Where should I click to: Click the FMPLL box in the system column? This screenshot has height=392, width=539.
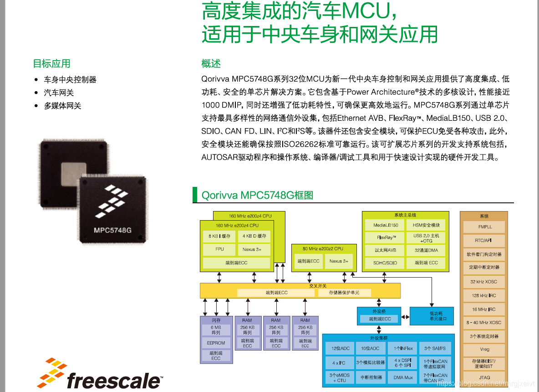pyautogui.click(x=484, y=227)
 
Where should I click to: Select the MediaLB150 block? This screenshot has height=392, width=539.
pyautogui.click(x=386, y=225)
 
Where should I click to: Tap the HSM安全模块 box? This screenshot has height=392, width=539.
pyautogui.click(x=427, y=225)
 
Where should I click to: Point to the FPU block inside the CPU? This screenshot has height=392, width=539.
pyautogui.click(x=219, y=249)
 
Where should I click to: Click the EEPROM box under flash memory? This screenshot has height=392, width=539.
pyautogui.click(x=216, y=343)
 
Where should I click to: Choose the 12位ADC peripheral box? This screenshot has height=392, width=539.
pyautogui.click(x=341, y=348)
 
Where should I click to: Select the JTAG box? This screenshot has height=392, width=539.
pyautogui.click(x=484, y=377)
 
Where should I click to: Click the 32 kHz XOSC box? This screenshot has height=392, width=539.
pyautogui.click(x=484, y=282)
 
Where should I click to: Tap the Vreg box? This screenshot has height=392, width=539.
pyautogui.click(x=484, y=350)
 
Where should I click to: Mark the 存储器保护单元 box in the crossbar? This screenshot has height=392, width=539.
pyautogui.click(x=345, y=293)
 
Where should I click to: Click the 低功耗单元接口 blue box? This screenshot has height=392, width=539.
pyautogui.click(x=432, y=316)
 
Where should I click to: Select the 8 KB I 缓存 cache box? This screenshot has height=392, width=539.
pyautogui.click(x=219, y=236)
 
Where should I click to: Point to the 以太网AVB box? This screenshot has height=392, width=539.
pyautogui.click(x=386, y=250)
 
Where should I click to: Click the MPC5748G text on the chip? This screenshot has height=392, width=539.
pyautogui.click(x=112, y=230)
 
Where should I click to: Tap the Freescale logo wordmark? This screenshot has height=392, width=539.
pyautogui.click(x=114, y=380)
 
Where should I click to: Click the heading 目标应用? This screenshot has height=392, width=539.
pyautogui.click(x=51, y=64)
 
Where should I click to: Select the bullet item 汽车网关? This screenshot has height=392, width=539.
pyautogui.click(x=59, y=93)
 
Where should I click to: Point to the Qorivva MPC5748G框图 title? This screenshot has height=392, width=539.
pyautogui.click(x=257, y=196)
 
